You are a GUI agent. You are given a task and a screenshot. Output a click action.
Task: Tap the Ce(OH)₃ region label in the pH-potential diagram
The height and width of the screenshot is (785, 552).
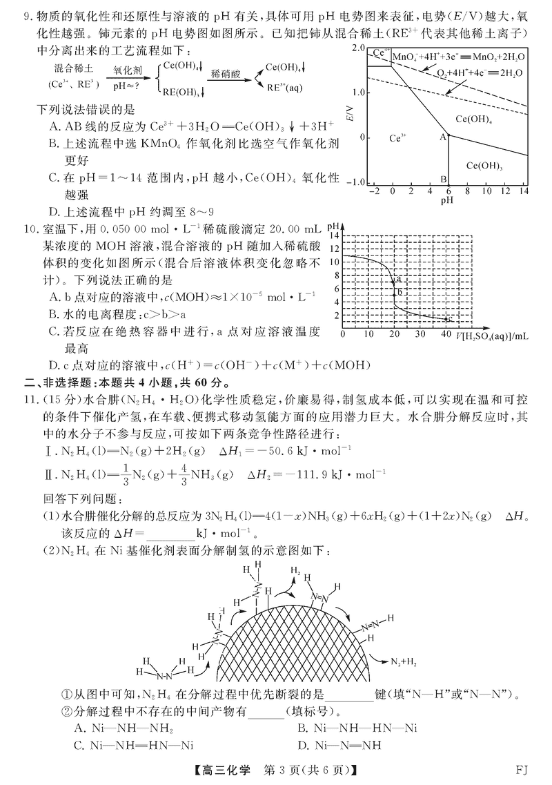pos(484,166)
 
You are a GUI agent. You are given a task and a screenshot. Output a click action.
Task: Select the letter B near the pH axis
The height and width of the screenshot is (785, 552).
pos(443,180)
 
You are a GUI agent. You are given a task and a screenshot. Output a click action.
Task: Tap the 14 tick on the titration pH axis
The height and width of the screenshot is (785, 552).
pos(336,235)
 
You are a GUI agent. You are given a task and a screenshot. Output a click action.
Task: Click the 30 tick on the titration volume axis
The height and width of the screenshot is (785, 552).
pos(420,335)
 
